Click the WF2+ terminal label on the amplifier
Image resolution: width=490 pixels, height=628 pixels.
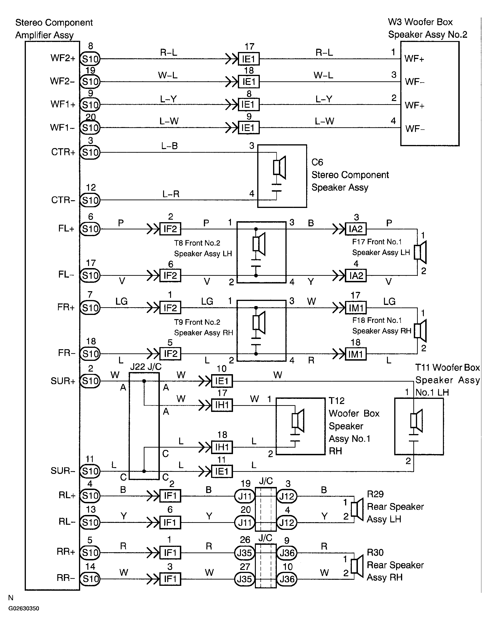pyautogui.click(x=63, y=58)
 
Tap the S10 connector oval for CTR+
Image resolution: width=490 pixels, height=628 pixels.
pyautogui.click(x=90, y=152)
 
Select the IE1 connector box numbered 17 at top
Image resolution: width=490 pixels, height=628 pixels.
pyautogui.click(x=249, y=59)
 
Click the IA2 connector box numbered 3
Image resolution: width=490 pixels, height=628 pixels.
pyautogui.click(x=356, y=229)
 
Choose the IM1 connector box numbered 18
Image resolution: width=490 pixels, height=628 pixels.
pyautogui.click(x=356, y=354)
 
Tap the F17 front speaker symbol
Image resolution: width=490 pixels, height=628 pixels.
pyautogui.click(x=420, y=252)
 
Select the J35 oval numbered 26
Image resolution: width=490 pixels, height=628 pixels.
pyautogui.click(x=245, y=553)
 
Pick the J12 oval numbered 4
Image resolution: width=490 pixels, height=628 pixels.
pyautogui.click(x=287, y=522)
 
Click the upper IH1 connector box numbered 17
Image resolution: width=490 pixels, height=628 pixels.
pyautogui.click(x=222, y=405)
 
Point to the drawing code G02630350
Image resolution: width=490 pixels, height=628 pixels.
pyautogui.click(x=24, y=608)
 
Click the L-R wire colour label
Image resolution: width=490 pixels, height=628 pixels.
pyautogui.click(x=171, y=194)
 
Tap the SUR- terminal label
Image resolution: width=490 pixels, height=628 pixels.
pyautogui.click(x=63, y=471)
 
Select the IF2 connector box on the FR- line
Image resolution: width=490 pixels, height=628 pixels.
pyautogui.click(x=170, y=354)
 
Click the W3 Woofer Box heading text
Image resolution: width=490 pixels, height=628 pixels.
pyautogui.click(x=420, y=22)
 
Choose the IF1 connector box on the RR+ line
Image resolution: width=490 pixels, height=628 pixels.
pyautogui.click(x=170, y=553)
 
